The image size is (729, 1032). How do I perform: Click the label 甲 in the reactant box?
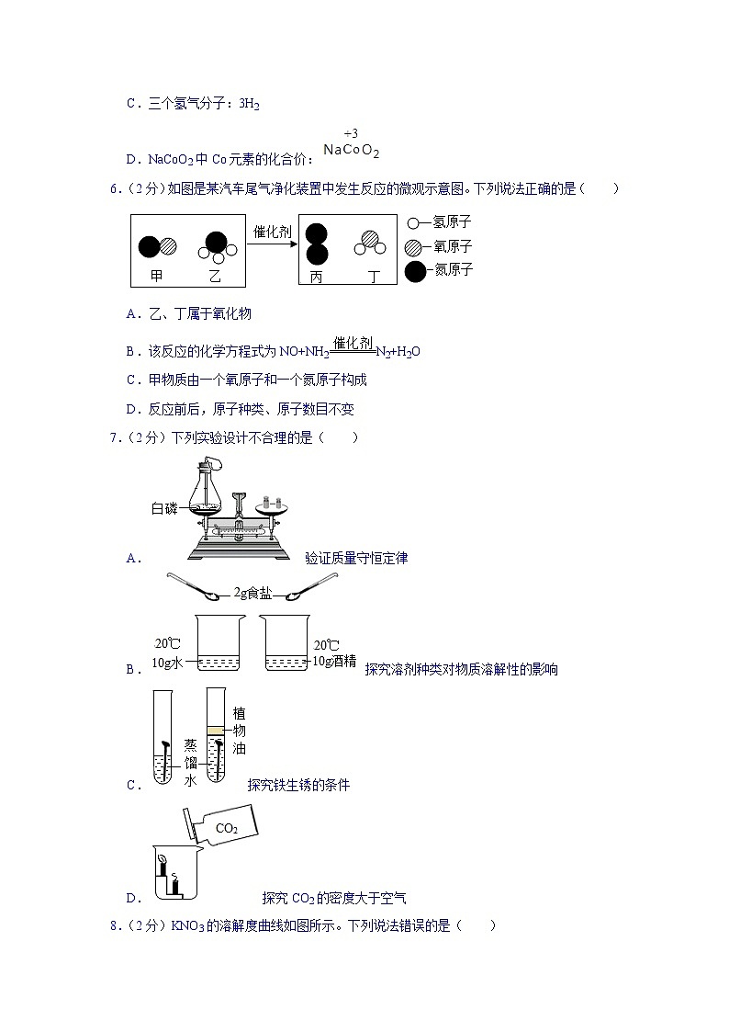coord(157,276)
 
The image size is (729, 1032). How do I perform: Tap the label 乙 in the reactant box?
coord(215,276)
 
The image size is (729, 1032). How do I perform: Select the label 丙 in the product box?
coord(316,276)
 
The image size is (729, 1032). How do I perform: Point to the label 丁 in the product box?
coord(373,276)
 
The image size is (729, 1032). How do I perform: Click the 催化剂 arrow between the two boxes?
coord(273,246)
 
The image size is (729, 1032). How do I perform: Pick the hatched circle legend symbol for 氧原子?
coord(414,246)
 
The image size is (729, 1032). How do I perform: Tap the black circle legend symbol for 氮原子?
coord(415,271)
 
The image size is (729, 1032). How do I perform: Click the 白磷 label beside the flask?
coord(165,508)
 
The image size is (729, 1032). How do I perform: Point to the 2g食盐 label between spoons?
coord(252,593)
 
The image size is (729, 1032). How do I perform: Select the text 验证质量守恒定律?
coord(356,558)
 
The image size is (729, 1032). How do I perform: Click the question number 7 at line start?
coord(113,437)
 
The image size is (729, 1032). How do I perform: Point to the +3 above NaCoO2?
coord(351,134)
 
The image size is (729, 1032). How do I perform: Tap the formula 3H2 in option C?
coord(249,105)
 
